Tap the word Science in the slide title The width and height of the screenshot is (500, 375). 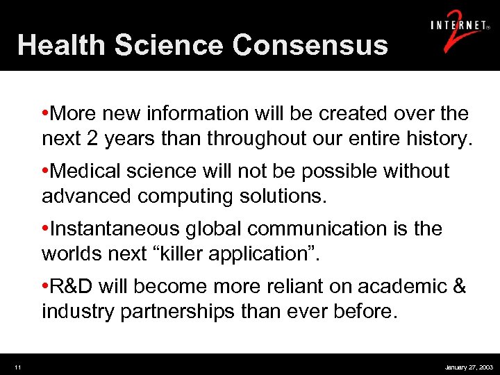tap(169, 45)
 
